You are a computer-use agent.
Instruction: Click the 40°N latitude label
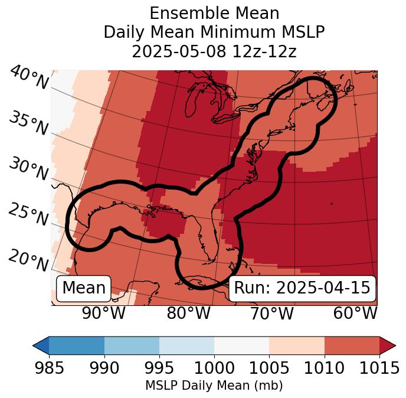[29, 78]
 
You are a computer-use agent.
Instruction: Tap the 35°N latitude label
[28, 123]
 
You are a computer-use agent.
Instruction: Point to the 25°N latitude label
[28, 214]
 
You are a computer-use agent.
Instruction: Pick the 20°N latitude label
[28, 260]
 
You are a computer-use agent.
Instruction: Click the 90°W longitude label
[104, 313]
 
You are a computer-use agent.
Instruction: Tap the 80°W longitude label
[188, 313]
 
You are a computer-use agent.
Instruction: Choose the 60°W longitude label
[354, 313]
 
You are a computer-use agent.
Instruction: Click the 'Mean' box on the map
[84, 288]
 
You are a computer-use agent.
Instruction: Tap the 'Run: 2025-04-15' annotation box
[302, 288]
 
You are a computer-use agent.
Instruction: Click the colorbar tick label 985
[49, 368]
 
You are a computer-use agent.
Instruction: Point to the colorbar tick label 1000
[214, 368]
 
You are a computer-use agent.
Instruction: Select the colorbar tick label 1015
[379, 368]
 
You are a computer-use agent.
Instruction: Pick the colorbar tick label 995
[159, 368]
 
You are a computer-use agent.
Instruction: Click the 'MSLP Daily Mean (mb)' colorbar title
[214, 386]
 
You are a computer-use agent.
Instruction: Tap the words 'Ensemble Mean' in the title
[214, 13]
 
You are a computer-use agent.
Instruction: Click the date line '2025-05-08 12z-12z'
[214, 51]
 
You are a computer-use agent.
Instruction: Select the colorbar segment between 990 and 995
[132, 345]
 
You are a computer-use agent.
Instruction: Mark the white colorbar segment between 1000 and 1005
[241, 345]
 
